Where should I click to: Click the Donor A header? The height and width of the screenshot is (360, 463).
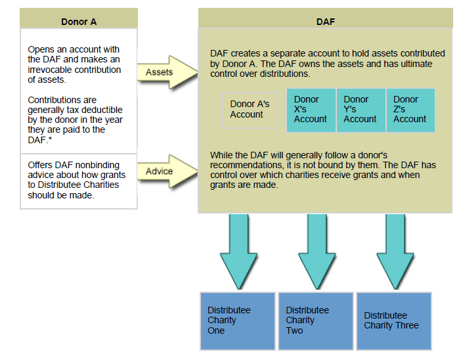point(79,21)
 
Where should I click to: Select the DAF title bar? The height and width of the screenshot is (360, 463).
point(325,21)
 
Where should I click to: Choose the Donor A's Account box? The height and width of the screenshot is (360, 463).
point(250,110)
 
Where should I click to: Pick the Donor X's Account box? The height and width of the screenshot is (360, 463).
point(311,110)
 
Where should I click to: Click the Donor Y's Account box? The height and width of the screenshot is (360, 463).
point(361,110)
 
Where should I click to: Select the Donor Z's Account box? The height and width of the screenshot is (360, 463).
point(410,110)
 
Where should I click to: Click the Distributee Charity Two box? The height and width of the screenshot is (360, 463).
point(315,321)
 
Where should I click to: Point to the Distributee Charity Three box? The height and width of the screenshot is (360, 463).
point(393,321)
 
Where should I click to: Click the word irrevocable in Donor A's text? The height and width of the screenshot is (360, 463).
point(51,70)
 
